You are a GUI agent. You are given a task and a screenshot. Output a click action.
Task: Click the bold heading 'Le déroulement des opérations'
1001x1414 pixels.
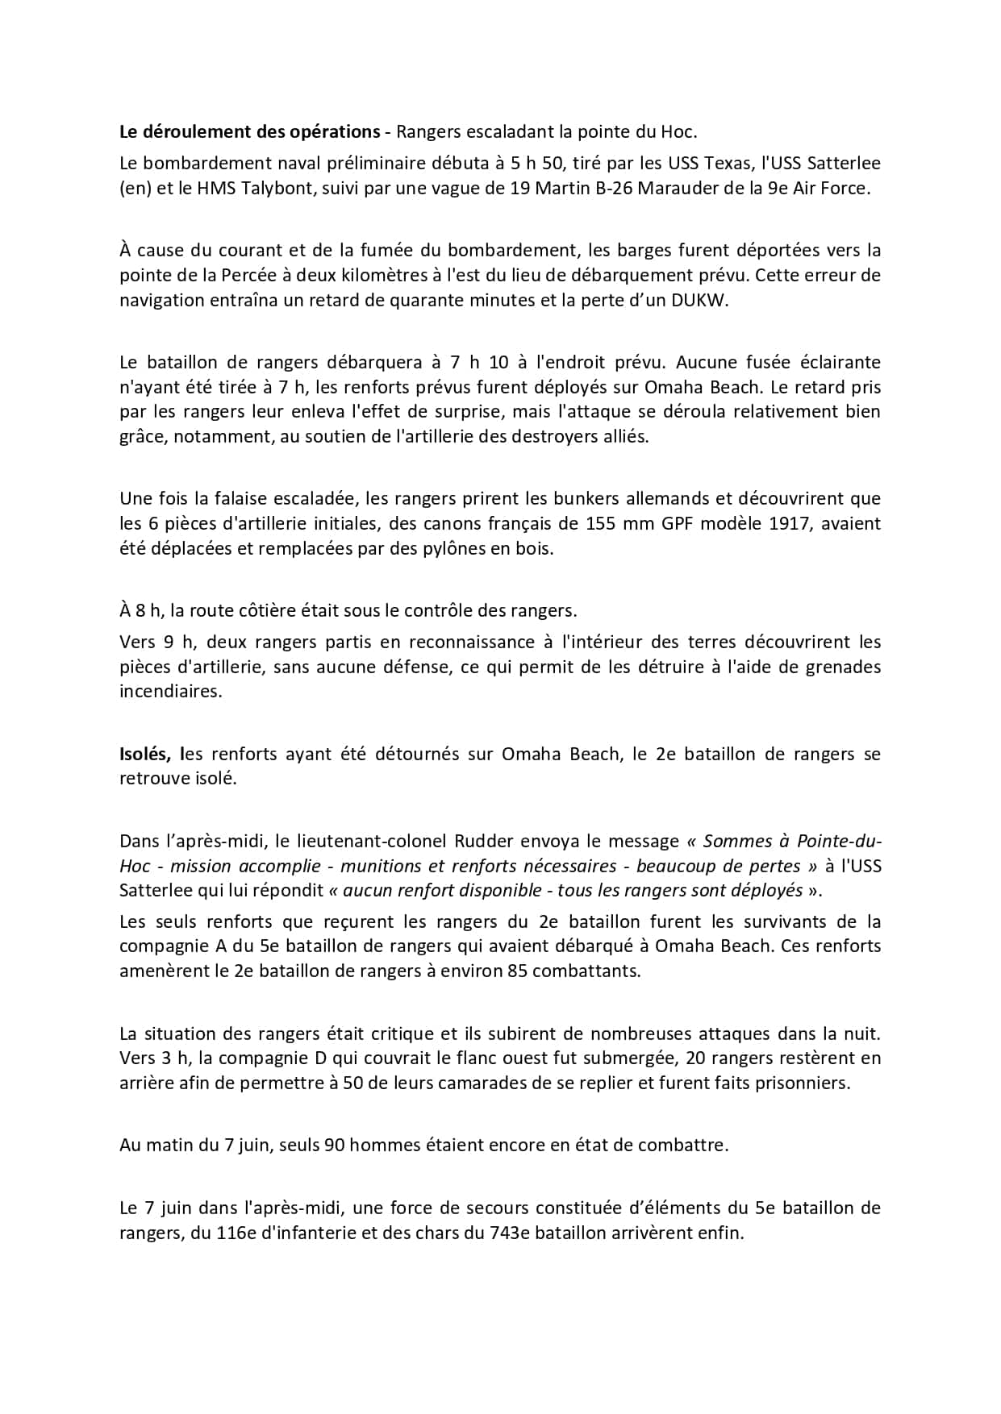pos(249,131)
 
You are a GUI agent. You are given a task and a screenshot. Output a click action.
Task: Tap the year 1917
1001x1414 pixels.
pos(791,523)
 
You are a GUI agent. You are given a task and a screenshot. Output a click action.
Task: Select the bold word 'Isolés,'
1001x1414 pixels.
pos(145,754)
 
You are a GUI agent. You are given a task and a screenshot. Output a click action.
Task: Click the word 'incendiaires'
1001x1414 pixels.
pos(170,691)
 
